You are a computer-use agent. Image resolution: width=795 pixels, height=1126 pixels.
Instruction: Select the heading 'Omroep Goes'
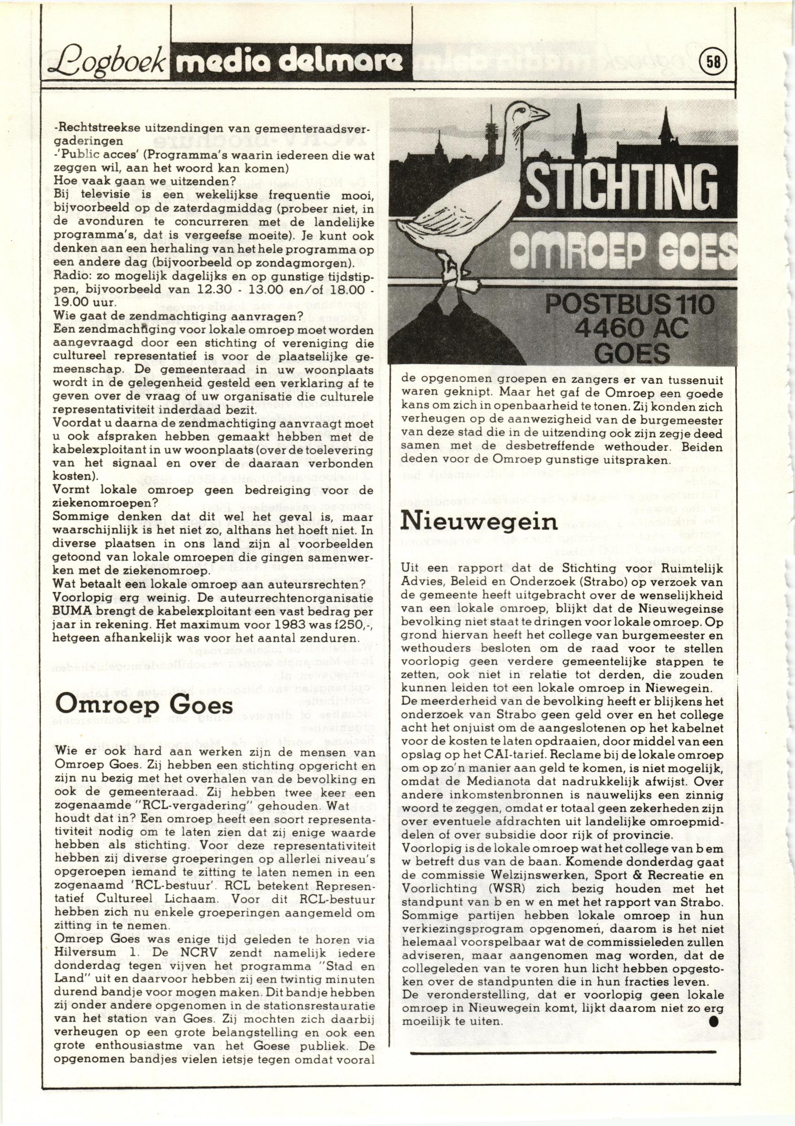[144, 706]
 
